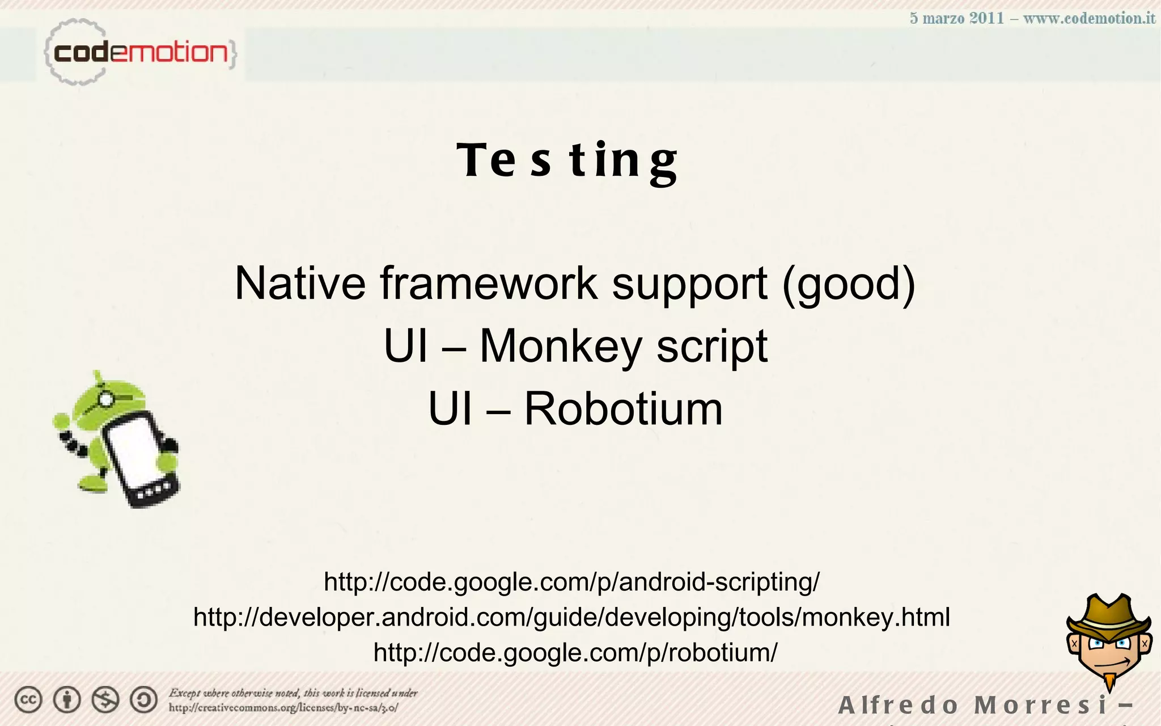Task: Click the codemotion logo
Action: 140,53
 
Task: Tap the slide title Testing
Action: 567,161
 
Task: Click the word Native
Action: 300,283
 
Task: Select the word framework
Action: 489,283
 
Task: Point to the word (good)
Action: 849,284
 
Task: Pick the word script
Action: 712,346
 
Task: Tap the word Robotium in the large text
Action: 623,408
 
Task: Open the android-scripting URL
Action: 571,582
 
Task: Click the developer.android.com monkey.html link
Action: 571,617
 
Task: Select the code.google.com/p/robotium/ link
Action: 575,652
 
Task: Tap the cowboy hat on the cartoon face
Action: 1109,615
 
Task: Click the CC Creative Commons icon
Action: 28,700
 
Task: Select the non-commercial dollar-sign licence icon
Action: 105,700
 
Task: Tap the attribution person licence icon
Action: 67,700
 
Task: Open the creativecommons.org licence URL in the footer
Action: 283,708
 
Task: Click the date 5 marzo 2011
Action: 957,18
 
